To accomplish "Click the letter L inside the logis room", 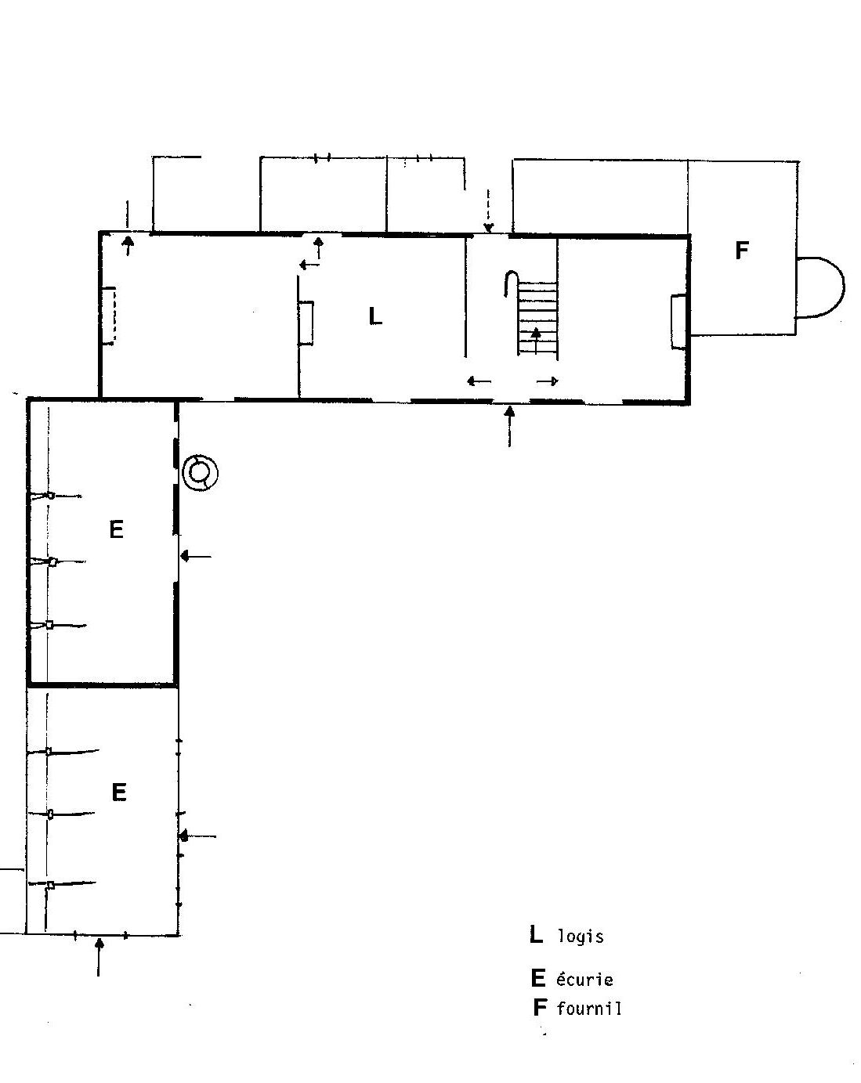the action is pos(375,316).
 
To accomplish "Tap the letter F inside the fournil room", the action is pos(742,250).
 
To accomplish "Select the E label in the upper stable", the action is pos(116,529).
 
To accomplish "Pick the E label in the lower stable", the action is pos(119,792).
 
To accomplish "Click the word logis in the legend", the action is pos(581,936).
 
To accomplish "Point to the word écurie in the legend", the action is pos(584,979).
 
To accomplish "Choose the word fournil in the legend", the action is pos(589,1008).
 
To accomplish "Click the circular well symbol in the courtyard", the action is pos(201,473).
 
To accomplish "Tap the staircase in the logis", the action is pos(537,318).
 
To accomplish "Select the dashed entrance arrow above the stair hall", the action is pos(488,211).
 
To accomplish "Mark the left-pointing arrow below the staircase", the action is pos(479,381).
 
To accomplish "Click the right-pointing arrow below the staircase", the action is pos(547,381).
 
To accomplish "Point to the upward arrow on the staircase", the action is pos(536,340).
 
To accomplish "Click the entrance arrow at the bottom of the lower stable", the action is pos(99,957).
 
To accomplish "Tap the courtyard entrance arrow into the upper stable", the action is pos(196,556).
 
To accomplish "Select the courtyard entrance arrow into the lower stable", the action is pos(198,836).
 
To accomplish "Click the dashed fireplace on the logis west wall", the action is pos(109,316).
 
